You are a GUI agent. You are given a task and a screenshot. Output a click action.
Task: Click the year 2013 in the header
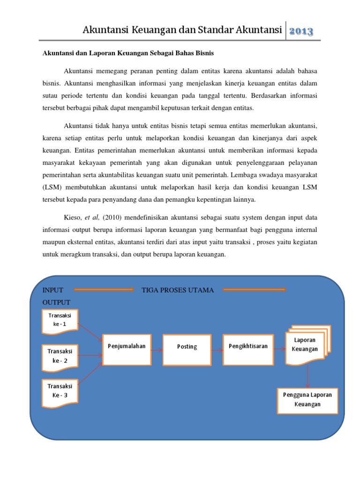click(x=301, y=31)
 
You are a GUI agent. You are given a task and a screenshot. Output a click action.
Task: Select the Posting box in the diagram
click(x=187, y=349)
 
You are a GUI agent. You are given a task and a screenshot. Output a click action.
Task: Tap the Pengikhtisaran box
click(x=248, y=349)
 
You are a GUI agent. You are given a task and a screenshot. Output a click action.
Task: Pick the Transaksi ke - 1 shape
click(x=60, y=321)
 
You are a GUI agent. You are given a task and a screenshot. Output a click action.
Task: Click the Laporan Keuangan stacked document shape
click(x=306, y=346)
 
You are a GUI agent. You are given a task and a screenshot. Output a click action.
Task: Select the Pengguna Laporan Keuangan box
click(x=307, y=400)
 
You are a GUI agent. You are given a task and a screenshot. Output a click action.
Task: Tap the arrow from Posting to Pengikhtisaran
click(x=217, y=349)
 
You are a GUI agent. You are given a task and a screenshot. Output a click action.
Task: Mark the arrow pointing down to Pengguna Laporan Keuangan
click(x=307, y=376)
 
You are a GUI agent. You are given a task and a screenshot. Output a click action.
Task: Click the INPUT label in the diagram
click(x=53, y=290)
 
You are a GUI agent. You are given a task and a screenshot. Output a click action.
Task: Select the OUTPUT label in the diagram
click(x=56, y=302)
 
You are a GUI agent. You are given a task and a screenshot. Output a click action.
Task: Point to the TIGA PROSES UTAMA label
click(x=178, y=290)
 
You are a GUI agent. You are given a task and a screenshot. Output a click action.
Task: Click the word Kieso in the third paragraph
click(x=72, y=217)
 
